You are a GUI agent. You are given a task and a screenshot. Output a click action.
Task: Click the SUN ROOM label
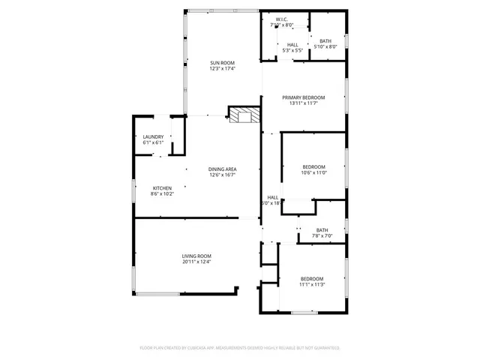click(222, 62)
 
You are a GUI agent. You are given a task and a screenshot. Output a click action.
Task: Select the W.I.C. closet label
click(282, 19)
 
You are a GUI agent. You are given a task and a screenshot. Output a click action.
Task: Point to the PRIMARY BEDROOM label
click(304, 97)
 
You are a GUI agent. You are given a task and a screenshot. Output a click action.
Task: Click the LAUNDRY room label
click(153, 136)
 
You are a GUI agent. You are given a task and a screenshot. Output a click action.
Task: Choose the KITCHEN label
click(163, 187)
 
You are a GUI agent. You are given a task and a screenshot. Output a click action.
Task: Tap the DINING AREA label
click(222, 169)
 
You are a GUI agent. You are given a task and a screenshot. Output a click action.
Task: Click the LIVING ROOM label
click(196, 256)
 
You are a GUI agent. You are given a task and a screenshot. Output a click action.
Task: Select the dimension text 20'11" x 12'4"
click(196, 262)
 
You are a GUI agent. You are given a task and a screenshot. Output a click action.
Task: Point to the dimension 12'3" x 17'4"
click(222, 68)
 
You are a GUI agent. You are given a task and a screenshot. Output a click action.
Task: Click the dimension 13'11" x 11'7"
click(304, 103)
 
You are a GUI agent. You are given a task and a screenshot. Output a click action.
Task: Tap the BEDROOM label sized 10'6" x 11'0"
click(314, 166)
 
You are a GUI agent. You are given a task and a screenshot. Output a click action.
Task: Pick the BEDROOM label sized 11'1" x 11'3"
click(312, 278)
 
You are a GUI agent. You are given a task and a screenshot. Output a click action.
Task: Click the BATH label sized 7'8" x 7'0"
click(322, 230)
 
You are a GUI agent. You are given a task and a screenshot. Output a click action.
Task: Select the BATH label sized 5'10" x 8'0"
click(325, 40)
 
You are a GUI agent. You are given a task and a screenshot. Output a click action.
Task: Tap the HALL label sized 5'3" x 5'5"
click(292, 46)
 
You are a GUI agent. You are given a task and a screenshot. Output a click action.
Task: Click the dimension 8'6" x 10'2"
click(163, 193)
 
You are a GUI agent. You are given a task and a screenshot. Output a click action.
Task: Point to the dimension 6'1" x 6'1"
click(153, 142)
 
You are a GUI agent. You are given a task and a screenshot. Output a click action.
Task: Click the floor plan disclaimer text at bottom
click(240, 348)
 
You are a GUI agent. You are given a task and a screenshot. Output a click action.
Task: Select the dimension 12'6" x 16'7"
click(222, 175)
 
